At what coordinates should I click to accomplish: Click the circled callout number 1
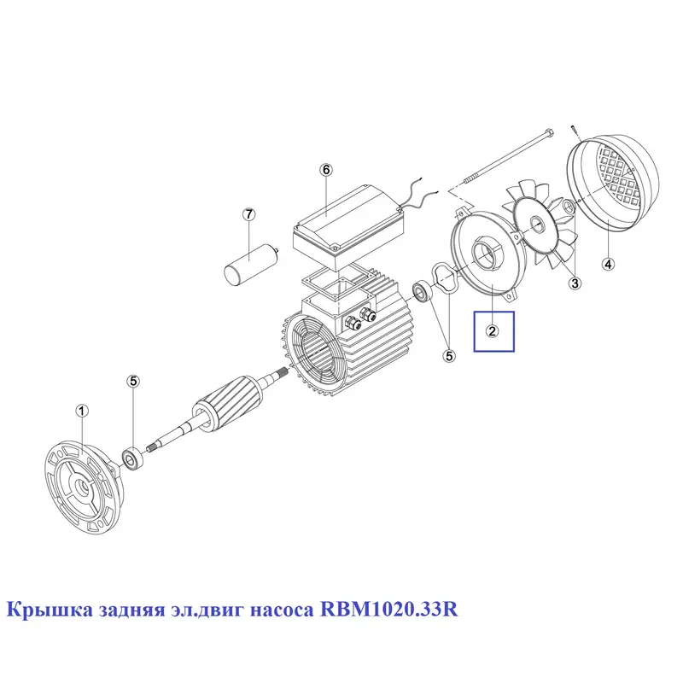pos(82,411)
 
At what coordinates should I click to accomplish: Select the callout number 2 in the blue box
pos(493,331)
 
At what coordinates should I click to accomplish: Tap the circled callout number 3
pos(575,283)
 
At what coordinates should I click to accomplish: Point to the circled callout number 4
pos(608,263)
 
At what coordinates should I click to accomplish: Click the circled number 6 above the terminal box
pos(326,169)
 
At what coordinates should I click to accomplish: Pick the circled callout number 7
pos(248,214)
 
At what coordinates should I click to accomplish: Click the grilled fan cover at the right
pos(612,183)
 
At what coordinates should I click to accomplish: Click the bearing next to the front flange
pos(131,458)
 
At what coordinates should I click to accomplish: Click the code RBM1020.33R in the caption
pos(389,610)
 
